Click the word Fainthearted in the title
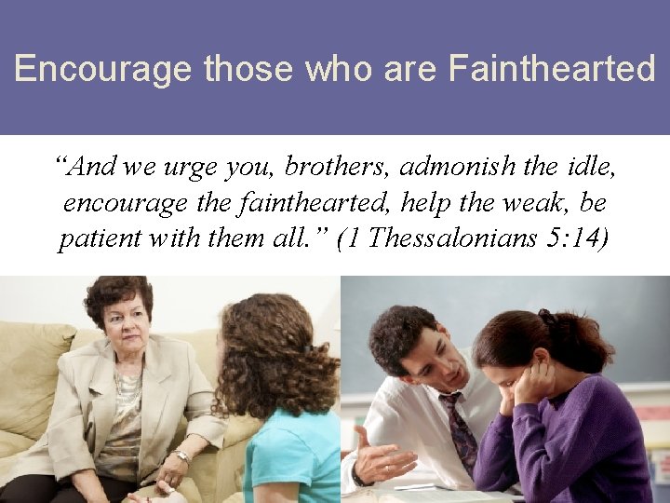(x=552, y=69)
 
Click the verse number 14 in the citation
(x=591, y=238)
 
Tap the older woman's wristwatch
(x=182, y=457)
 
